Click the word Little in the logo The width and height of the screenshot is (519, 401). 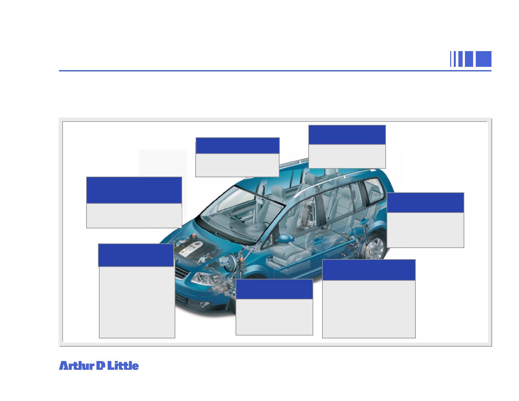click(123, 365)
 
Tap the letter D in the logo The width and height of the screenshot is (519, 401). click(100, 365)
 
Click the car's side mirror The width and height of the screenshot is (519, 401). click(286, 239)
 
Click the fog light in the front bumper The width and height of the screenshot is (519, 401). click(203, 304)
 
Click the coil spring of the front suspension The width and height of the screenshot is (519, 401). click(242, 264)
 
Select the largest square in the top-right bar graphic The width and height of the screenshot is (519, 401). click(483, 59)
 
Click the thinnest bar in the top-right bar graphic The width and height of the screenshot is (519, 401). click(451, 59)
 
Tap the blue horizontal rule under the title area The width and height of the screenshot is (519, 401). click(275, 71)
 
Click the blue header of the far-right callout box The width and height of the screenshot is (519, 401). click(425, 202)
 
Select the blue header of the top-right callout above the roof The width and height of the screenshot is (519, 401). click(347, 135)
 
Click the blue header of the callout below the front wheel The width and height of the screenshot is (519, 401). click(274, 289)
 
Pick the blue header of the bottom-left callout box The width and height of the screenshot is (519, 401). click(136, 255)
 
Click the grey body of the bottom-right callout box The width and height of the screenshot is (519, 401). click(369, 309)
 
